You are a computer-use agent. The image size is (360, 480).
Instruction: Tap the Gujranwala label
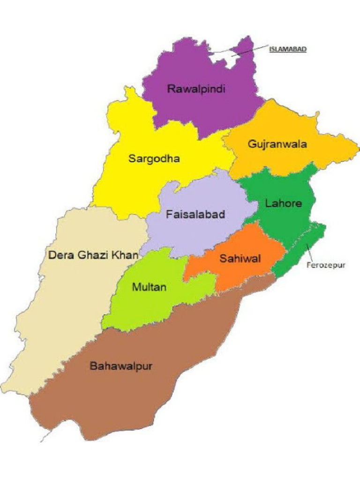pos(278,144)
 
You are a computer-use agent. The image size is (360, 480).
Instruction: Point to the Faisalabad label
pos(196,215)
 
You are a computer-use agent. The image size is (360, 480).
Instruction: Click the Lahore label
pos(283,203)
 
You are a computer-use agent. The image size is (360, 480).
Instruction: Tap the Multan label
pos(149,287)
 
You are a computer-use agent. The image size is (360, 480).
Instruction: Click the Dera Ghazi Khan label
pos(93,255)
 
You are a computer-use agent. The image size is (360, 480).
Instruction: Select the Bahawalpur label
pos(121,366)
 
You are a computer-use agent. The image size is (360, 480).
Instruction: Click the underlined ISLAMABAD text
pos(288,48)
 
